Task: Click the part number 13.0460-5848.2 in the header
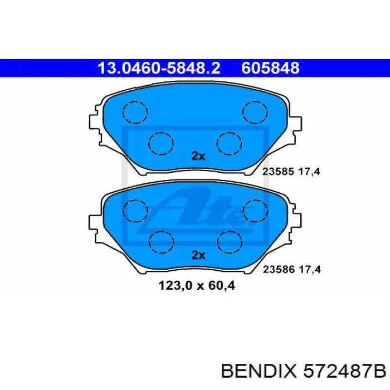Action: click(x=159, y=68)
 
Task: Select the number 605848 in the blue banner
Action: click(x=271, y=68)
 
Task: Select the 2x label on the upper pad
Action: click(x=198, y=157)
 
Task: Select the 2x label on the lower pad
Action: click(x=198, y=255)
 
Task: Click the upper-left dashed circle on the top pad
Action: click(x=135, y=111)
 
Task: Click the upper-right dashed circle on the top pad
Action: click(x=254, y=111)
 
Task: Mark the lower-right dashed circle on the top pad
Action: click(x=228, y=143)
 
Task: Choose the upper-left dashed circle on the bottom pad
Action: click(x=135, y=210)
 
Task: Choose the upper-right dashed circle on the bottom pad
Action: click(x=254, y=210)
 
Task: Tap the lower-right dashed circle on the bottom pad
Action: click(x=228, y=241)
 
